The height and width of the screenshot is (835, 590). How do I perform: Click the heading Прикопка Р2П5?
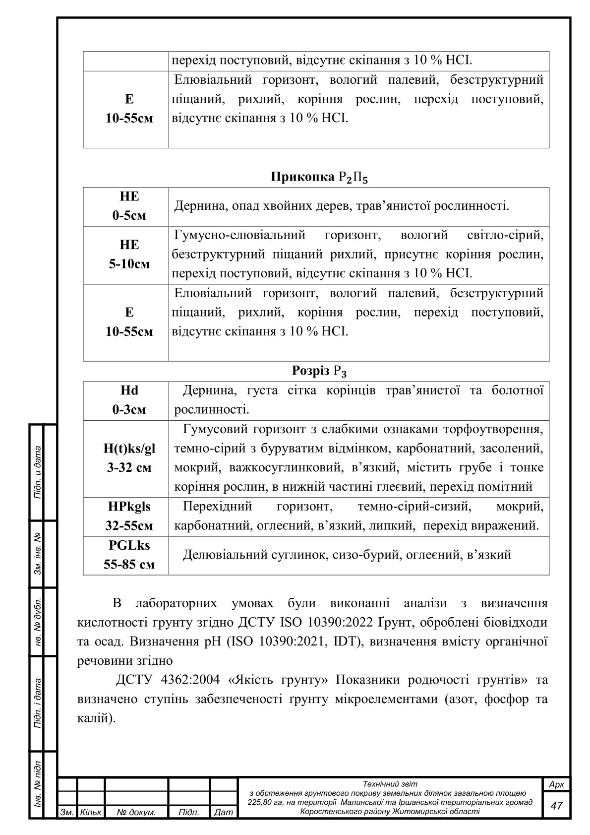[x=319, y=178]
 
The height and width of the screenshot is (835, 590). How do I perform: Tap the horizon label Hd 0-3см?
[x=129, y=400]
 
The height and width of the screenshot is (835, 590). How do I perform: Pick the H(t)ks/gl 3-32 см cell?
[x=129, y=458]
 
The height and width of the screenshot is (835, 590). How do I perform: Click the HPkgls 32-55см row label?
[x=129, y=516]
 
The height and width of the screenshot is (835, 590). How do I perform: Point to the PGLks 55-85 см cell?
[x=129, y=555]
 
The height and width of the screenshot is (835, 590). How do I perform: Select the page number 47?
[x=556, y=805]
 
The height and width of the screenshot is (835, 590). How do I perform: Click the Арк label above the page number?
[x=556, y=784]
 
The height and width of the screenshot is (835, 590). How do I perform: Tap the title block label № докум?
[x=136, y=812]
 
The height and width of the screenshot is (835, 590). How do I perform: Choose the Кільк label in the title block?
[x=90, y=812]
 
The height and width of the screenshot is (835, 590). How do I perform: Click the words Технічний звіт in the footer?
[x=390, y=784]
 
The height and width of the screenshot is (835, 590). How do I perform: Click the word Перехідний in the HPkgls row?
[x=217, y=507]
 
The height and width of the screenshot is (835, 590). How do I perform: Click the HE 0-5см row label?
[x=129, y=206]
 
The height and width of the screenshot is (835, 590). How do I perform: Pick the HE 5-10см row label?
[x=129, y=255]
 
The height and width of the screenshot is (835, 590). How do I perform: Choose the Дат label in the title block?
[x=223, y=812]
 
